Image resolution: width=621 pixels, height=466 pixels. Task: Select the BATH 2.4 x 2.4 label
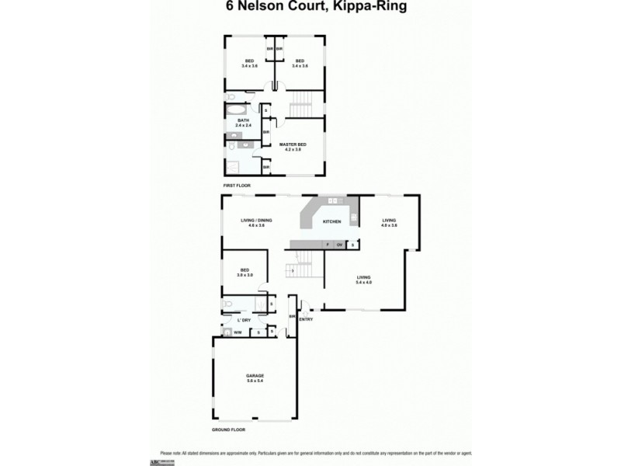tap(243, 122)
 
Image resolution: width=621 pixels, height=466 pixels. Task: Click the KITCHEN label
tap(332, 221)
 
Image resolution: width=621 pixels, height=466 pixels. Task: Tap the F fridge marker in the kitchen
tap(328, 245)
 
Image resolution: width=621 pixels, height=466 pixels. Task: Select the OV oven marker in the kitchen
tap(340, 245)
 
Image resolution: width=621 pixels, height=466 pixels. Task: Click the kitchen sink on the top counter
tap(335, 201)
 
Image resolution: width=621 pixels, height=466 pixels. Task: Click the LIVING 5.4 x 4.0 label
tap(363, 280)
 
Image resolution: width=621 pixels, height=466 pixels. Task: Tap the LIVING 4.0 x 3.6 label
tap(389, 222)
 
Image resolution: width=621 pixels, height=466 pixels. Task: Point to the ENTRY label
tap(306, 319)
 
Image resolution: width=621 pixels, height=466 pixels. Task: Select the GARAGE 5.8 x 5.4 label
tap(255, 379)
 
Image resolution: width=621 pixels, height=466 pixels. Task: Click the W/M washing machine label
tap(238, 333)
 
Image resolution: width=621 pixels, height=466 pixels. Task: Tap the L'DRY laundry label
tap(244, 319)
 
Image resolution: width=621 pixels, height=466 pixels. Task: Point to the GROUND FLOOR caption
tap(230, 429)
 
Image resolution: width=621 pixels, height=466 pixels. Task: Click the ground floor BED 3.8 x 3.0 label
tap(245, 273)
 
